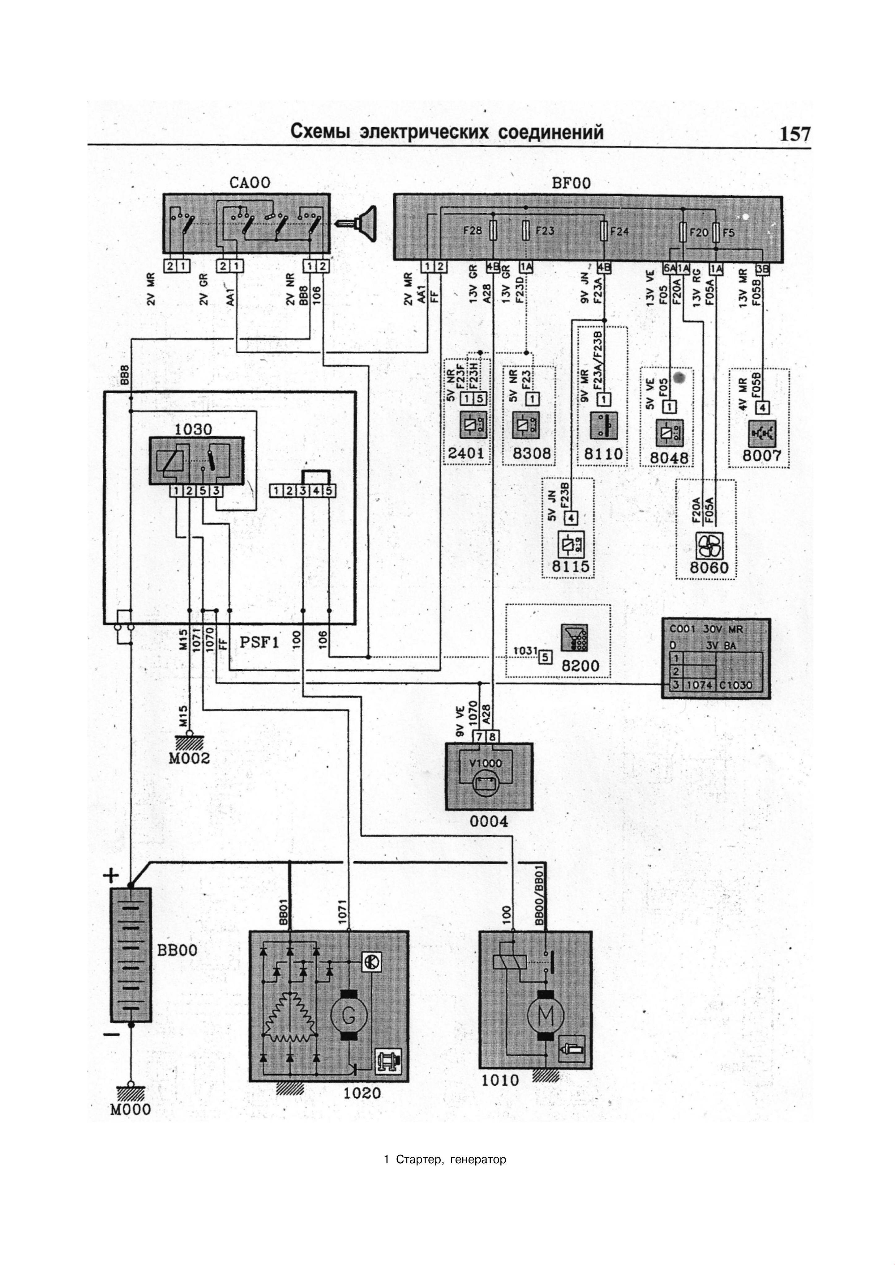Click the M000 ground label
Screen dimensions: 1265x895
(131, 1109)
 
